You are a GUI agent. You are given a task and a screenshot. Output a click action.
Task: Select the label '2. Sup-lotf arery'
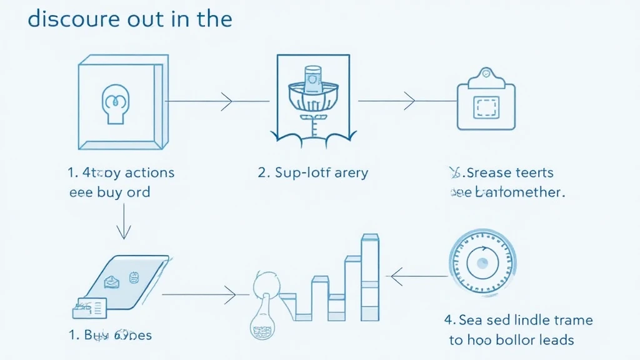click(313, 172)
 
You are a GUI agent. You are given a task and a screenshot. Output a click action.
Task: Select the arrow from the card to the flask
click(199, 292)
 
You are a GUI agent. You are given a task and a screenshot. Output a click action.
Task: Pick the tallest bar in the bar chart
click(370, 277)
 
